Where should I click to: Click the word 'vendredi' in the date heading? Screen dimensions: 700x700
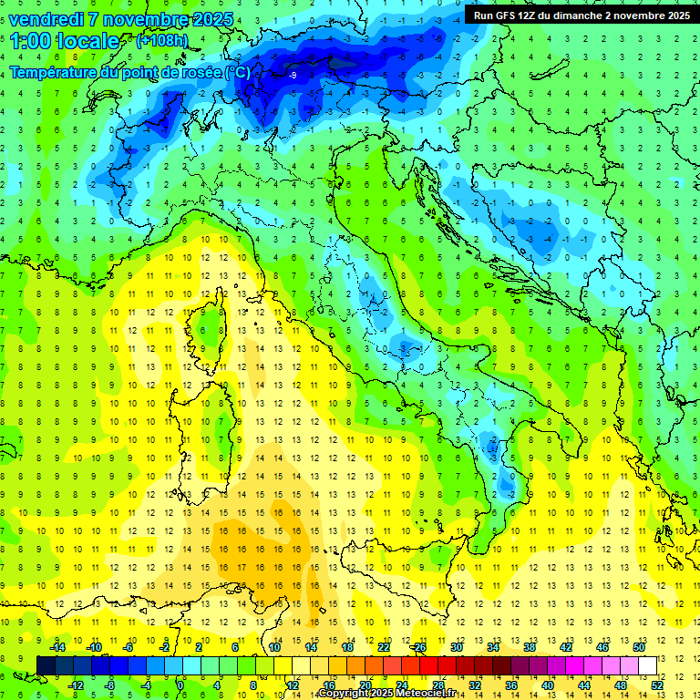coord(46,19)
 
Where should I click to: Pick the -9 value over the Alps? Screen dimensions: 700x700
coord(293,76)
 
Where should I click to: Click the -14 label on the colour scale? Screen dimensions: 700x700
coord(57,647)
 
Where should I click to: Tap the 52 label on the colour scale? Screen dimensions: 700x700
coord(657,685)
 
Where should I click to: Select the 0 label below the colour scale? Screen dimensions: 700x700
coord(180,685)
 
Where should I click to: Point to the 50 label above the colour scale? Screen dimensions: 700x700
coord(639,647)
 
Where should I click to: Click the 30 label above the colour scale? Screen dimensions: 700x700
coord(456,647)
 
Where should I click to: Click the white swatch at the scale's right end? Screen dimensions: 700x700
coord(648,665)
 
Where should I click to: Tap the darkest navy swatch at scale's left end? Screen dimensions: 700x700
coord(46,665)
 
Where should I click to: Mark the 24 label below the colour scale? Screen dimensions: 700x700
coord(401,685)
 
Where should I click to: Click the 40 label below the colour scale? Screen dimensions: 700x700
coord(547,685)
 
